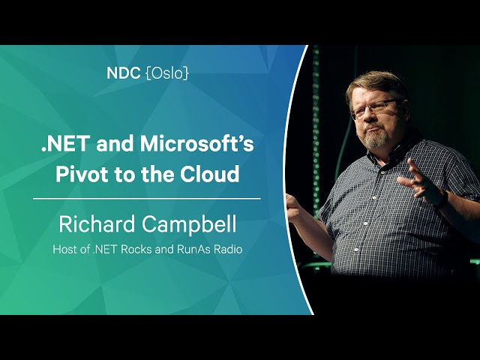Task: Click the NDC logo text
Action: pos(123,73)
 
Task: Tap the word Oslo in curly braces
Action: pos(167,73)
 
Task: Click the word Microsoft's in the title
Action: pos(196,143)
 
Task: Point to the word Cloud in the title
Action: pos(209,173)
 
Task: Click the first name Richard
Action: pos(97,223)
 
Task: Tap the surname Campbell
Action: pos(189,224)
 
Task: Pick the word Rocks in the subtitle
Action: pos(136,249)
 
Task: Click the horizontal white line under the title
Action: pos(147,199)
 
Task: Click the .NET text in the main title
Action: pos(66,144)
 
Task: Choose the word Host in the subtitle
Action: pos(64,249)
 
